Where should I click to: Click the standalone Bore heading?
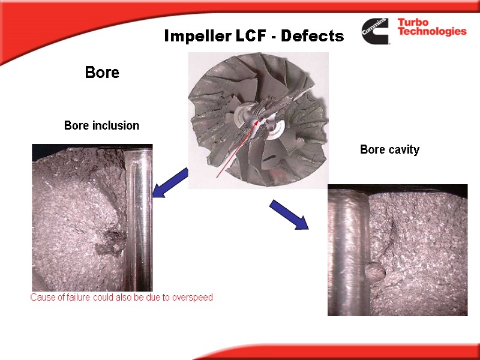pyautogui.click(x=102, y=73)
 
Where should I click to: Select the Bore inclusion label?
pyautogui.click(x=101, y=126)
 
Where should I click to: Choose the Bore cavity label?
pyautogui.click(x=389, y=150)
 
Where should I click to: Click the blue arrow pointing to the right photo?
pyautogui.click(x=289, y=215)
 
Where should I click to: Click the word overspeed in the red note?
pyautogui.click(x=193, y=298)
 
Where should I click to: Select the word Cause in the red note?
pyautogui.click(x=43, y=298)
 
